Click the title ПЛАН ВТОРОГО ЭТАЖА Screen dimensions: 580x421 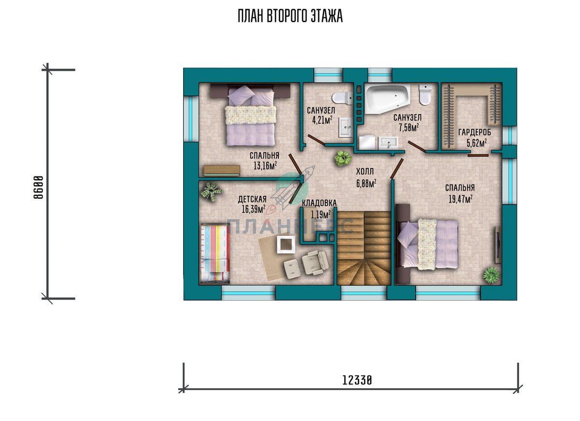coord(290,16)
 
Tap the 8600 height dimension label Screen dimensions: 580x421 coord(39,187)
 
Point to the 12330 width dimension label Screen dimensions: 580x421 coord(357,380)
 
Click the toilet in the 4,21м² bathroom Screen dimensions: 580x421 coord(342,98)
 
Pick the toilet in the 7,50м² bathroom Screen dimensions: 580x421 coord(425,94)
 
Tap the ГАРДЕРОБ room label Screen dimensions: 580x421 coord(475,132)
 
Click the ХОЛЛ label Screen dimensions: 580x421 coord(365,172)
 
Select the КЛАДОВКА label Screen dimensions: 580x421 coord(319,203)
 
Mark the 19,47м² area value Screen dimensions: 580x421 coord(460,199)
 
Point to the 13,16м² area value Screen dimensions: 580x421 coord(265,165)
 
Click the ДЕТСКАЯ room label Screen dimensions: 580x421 coord(252,199)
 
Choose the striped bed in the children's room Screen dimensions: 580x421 coord(215,253)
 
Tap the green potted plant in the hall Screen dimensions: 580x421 coord(343,158)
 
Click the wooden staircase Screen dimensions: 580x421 coord(364,248)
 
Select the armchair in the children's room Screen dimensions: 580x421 coord(315,262)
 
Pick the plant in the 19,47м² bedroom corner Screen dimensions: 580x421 coord(491,275)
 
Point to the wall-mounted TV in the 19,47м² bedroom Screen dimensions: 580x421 coord(498,245)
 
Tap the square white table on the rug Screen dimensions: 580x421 coord(286,244)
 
